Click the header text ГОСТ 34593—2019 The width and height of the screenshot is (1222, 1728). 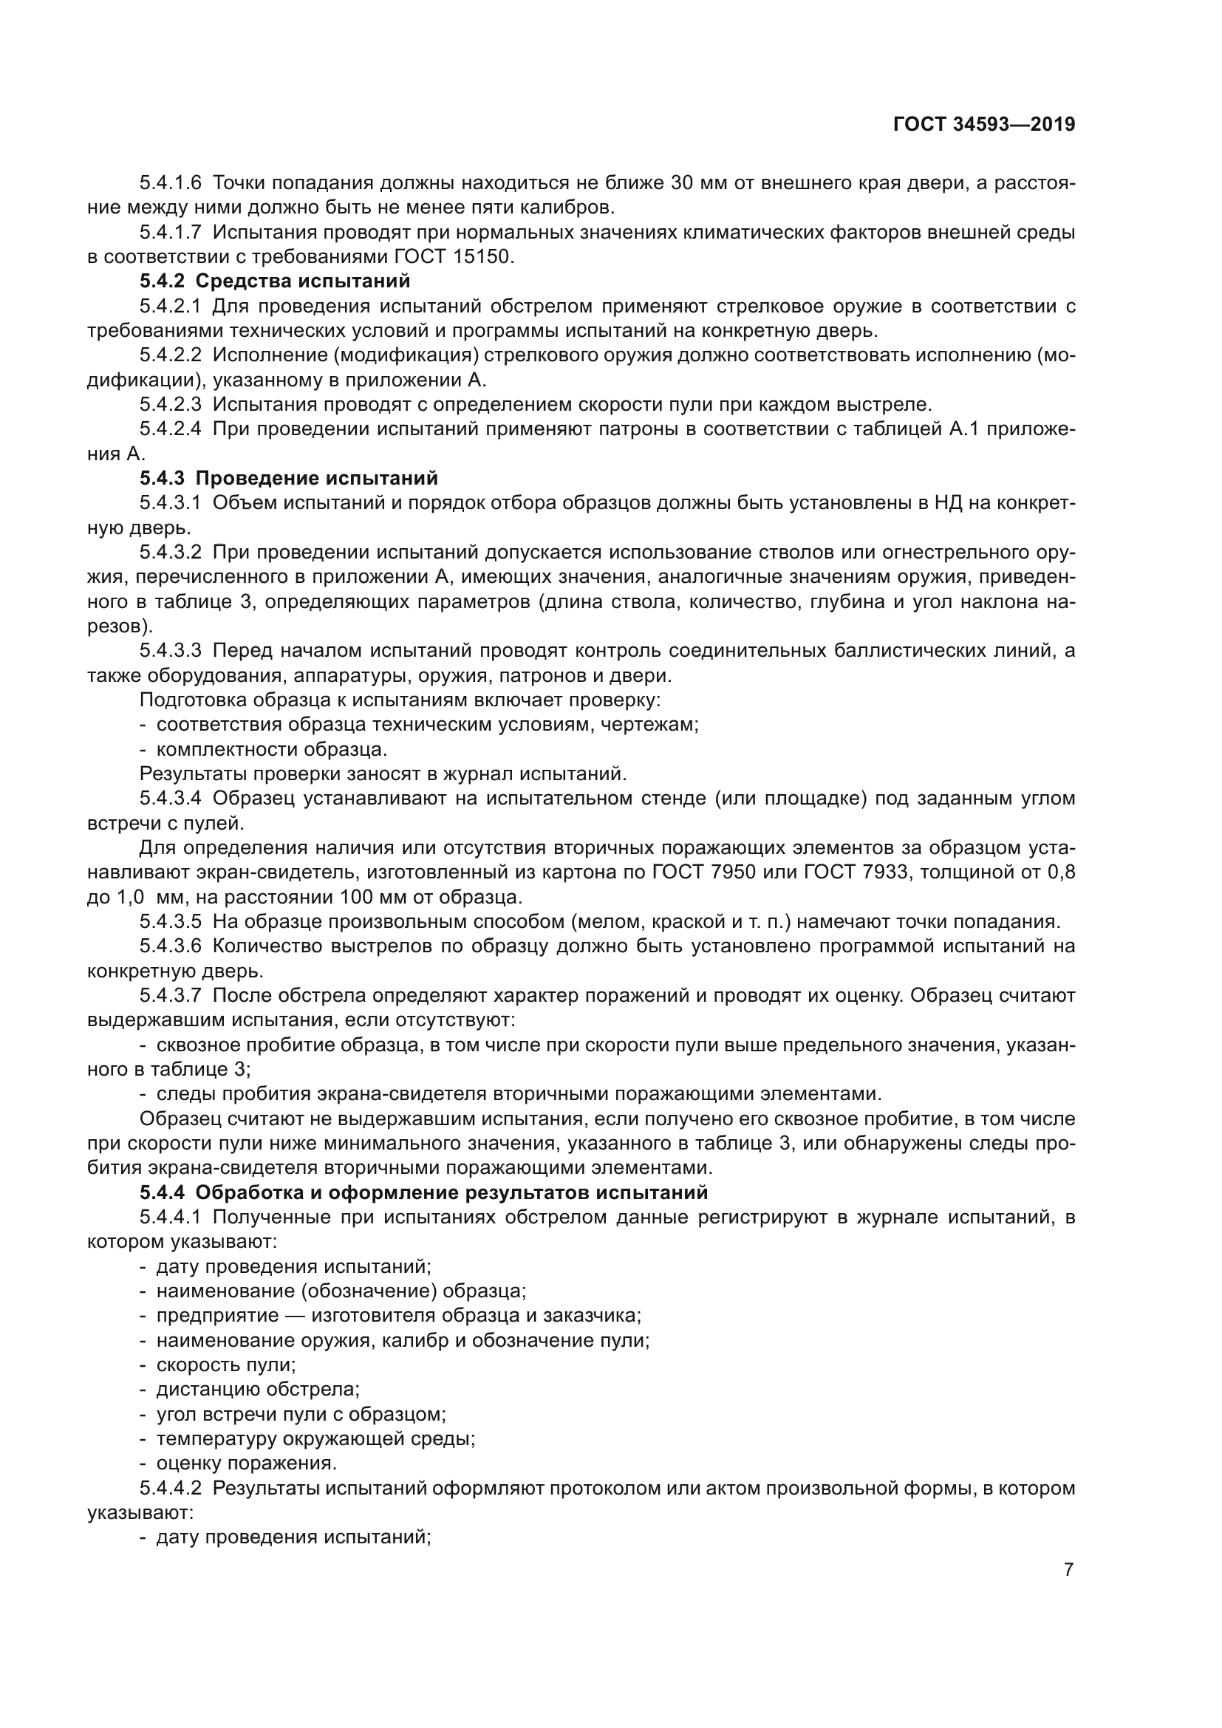983,125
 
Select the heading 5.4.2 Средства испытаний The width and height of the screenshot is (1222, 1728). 275,281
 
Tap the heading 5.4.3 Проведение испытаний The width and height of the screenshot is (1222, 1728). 288,479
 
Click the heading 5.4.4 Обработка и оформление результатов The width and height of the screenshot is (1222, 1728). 423,1192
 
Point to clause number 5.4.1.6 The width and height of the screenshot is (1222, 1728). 170,183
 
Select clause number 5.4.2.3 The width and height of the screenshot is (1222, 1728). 170,405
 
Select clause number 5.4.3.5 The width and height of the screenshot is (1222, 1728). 170,922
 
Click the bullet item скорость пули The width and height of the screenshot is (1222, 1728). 226,1365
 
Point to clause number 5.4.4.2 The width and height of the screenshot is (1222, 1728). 170,1488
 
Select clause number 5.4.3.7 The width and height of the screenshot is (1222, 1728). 170,996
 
